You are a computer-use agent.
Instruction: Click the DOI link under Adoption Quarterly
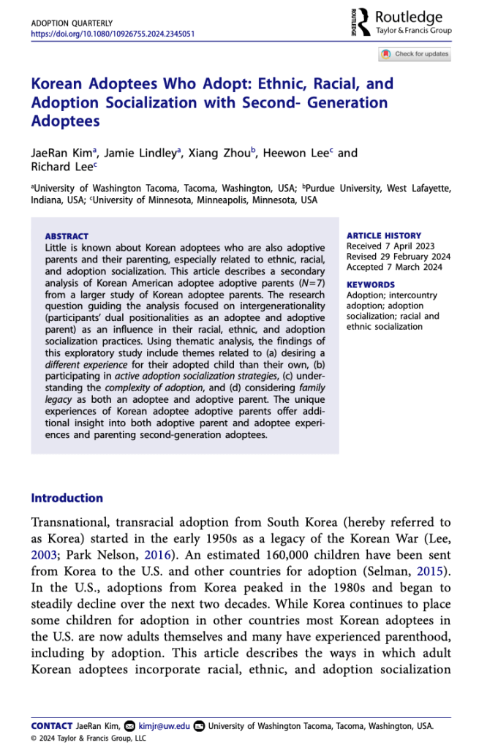(113, 34)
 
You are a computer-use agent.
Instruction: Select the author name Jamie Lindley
(151, 153)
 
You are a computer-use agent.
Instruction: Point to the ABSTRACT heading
(67, 236)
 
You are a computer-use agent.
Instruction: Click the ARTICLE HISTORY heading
(383, 235)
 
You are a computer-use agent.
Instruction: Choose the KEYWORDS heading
(370, 284)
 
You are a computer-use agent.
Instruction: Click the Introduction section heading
(67, 498)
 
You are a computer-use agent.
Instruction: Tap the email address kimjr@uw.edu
(165, 726)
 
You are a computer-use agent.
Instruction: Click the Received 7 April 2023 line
(390, 246)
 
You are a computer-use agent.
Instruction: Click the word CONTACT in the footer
(51, 726)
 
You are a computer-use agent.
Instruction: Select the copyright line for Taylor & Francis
(88, 738)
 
